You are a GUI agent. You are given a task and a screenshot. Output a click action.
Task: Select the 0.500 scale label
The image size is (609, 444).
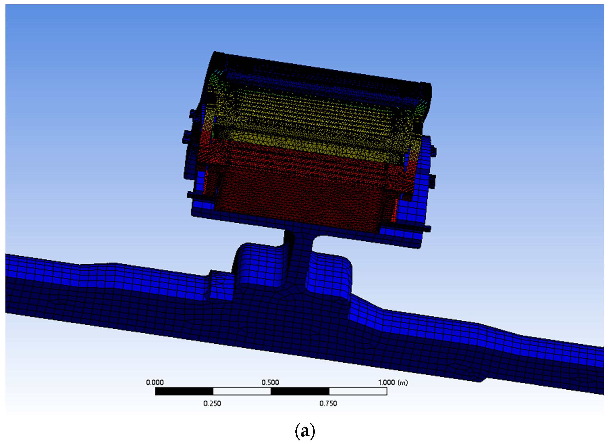[x=270, y=382]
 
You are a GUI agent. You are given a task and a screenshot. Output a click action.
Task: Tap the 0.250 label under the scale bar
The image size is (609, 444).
[x=212, y=404]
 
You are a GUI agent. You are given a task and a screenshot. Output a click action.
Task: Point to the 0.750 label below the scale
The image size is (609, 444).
[x=328, y=404]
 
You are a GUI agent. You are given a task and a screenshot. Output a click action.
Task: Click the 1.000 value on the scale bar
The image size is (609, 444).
[x=387, y=382]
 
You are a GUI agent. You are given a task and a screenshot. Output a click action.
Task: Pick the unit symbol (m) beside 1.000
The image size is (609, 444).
[x=403, y=382]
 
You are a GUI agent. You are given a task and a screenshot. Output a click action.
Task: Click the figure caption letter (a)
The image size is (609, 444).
[x=305, y=431]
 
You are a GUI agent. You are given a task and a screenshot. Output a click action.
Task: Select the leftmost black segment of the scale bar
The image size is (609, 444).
[x=184, y=391]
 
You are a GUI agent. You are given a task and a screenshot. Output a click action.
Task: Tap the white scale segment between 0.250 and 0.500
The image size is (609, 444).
[x=242, y=391]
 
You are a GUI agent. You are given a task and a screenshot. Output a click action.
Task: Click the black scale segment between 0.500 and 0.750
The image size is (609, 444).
[x=300, y=391]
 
